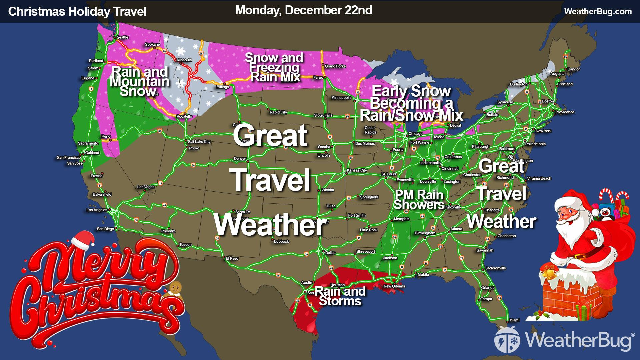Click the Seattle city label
122,37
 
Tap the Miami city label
514,320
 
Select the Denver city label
240,159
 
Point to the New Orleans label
394,286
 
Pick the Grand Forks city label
335,66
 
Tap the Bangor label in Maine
573,69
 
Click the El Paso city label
232,258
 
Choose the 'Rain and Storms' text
340,296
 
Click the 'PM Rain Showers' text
419,199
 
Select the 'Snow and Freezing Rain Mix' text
274,67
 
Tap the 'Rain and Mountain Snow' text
139,82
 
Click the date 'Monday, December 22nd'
303,10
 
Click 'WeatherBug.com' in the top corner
598,12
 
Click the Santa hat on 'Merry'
81,240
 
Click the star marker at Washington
510,157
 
